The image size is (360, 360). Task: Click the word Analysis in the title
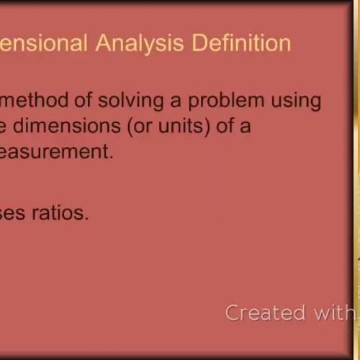coord(139,42)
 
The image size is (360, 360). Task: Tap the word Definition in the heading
coord(241,42)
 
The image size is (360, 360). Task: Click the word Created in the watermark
coord(256,312)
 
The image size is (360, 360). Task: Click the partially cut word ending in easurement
coord(58,152)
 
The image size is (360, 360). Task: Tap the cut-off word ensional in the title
coord(42,42)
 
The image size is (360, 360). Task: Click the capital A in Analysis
coord(104,42)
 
